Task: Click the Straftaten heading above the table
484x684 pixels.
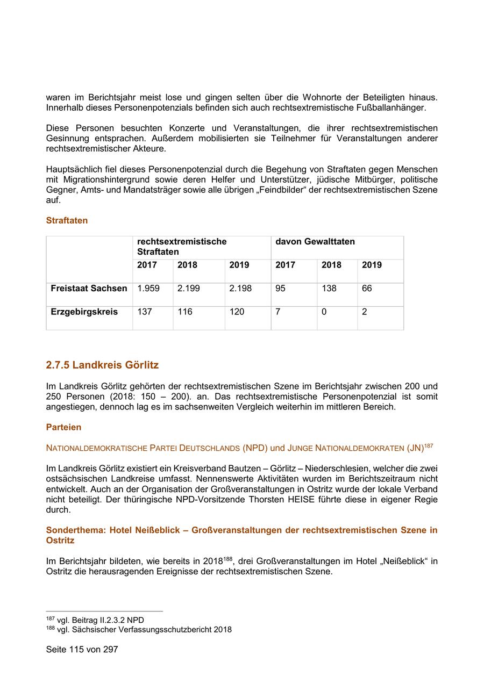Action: (x=67, y=220)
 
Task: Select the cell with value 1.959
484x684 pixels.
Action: (x=148, y=289)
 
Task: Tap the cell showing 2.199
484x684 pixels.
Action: (x=188, y=289)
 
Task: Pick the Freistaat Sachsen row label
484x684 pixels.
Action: (x=89, y=289)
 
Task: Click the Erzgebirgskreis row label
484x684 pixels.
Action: (x=84, y=312)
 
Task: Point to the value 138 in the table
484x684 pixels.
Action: (x=329, y=289)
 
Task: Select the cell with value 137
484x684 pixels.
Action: (x=145, y=312)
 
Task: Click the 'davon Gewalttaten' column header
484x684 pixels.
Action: (x=315, y=242)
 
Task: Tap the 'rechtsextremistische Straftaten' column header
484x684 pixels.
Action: (x=181, y=247)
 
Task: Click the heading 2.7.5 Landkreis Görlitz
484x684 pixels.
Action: (x=102, y=365)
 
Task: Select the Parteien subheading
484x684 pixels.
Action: (x=63, y=427)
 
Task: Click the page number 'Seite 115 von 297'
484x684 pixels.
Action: (x=82, y=649)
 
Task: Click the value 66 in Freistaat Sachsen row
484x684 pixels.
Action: (x=366, y=289)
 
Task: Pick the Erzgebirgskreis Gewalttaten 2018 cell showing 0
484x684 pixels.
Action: (x=324, y=312)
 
